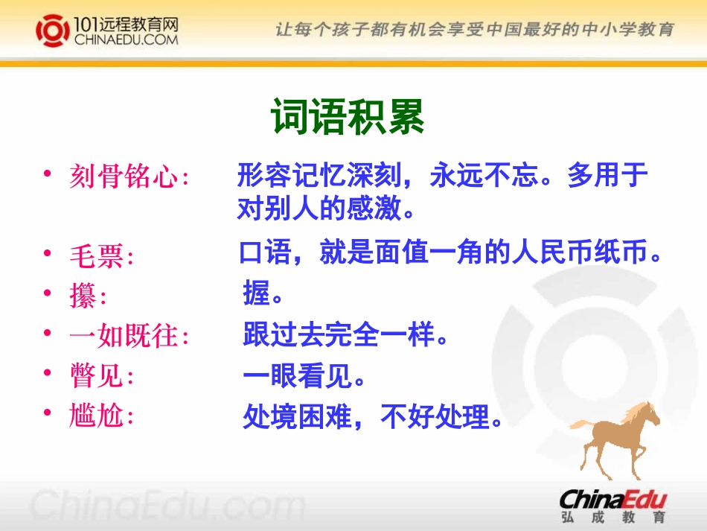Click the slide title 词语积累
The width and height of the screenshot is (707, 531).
click(x=348, y=117)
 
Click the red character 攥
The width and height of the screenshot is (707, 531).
click(x=83, y=297)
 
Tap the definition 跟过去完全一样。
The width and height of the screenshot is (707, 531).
click(x=347, y=337)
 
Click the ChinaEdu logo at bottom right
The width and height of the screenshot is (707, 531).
click(x=612, y=497)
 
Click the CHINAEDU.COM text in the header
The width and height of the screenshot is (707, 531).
click(x=127, y=40)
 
